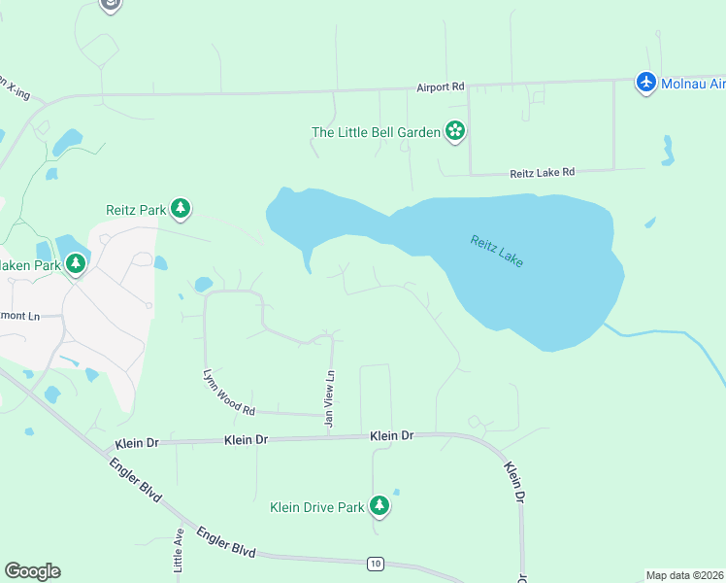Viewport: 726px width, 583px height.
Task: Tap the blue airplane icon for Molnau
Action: tap(646, 83)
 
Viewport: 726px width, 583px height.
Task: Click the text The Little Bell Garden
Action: tap(376, 132)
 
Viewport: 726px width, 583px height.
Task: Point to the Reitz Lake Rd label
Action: tap(543, 172)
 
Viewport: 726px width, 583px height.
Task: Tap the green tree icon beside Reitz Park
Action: tap(180, 208)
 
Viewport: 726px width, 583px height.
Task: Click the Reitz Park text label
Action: tap(135, 209)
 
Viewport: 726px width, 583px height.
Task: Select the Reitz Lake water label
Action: tap(497, 251)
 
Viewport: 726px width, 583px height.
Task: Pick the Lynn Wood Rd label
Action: tap(228, 392)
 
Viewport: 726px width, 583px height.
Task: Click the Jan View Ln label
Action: tap(330, 398)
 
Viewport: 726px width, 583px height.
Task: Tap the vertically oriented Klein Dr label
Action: tap(514, 482)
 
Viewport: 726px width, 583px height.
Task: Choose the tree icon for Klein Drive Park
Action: tap(379, 505)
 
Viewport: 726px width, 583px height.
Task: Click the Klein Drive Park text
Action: tap(316, 506)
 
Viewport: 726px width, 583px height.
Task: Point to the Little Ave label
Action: tap(179, 550)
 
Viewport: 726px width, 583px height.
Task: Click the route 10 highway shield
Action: tap(375, 563)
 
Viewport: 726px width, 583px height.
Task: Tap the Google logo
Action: tap(32, 571)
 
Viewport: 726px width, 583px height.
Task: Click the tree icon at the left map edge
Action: tap(76, 263)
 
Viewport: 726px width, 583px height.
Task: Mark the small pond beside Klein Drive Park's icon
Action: tap(396, 492)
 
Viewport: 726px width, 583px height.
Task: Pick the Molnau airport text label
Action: tap(694, 85)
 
